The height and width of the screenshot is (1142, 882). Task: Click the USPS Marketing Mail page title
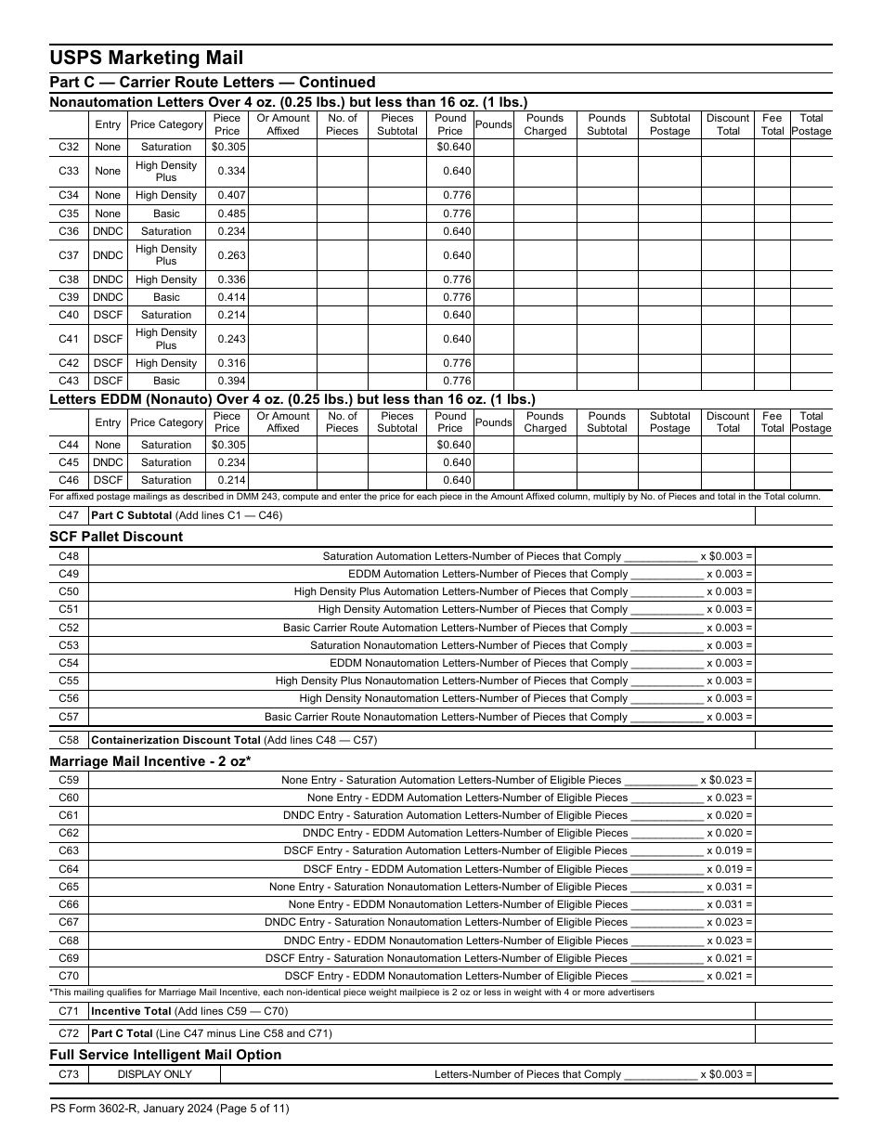click(147, 58)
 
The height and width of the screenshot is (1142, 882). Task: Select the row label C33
click(69, 171)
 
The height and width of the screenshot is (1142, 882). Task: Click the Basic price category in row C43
click(166, 381)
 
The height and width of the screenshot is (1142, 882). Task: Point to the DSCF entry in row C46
click(108, 480)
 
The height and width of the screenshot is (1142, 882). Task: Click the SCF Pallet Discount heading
click(116, 537)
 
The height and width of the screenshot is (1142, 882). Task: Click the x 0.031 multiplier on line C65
click(730, 887)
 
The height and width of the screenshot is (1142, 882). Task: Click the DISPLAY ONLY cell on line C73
click(154, 1074)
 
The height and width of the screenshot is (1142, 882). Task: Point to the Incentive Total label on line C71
click(131, 1011)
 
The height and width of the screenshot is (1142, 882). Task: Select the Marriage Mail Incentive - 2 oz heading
click(150, 761)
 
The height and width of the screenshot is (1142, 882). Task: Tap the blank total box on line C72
click(793, 1032)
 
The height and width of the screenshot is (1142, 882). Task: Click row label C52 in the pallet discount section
click(69, 628)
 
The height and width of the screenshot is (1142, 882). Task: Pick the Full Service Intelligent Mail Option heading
click(165, 1055)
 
